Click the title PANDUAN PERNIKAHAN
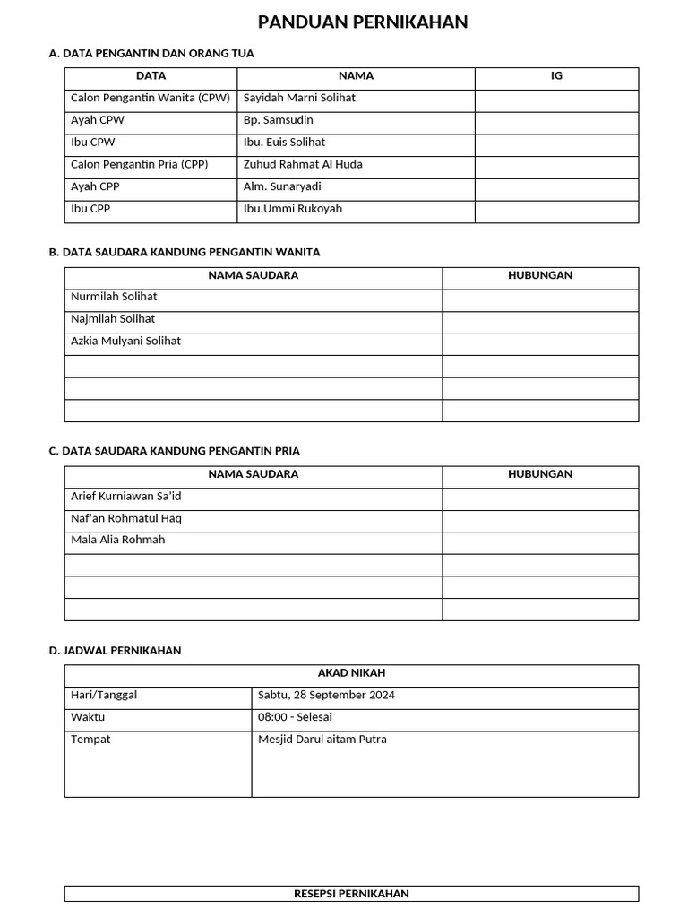pos(363,22)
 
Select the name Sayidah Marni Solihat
pos(299,98)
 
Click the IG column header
pos(556,76)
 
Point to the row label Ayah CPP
pos(95,186)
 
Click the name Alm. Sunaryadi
pos(282,186)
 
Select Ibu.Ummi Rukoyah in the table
pos(293,209)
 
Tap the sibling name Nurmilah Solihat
pos(114,297)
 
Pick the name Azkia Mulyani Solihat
pos(125,341)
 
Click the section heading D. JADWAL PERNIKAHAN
pos(115,651)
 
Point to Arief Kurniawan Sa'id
pos(125,496)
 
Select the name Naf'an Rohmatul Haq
pos(125,518)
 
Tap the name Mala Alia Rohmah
pos(117,540)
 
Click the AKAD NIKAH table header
pos(351,673)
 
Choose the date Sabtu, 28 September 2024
pos(326,695)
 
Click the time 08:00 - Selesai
pos(295,717)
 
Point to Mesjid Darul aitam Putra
pos(322,740)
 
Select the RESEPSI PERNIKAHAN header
pos(351,894)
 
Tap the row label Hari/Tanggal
pos(104,695)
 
